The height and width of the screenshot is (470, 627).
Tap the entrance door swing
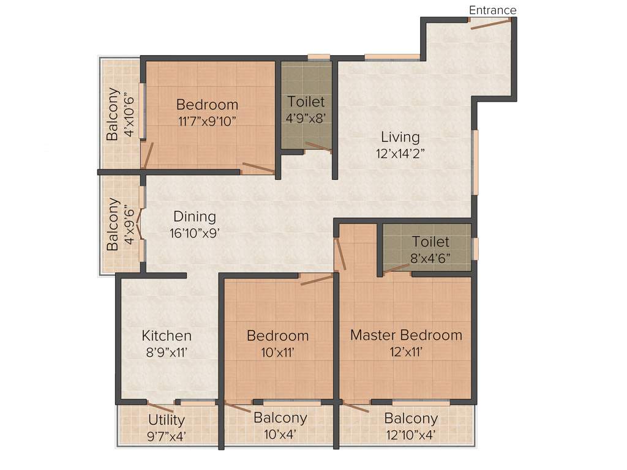490,23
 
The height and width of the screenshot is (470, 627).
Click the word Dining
195,217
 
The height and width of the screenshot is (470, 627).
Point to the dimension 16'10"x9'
195,233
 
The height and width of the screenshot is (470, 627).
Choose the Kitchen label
167,335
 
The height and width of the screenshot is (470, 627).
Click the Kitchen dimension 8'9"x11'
167,352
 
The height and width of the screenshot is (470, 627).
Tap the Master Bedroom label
406,335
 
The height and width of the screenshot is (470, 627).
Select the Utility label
167,420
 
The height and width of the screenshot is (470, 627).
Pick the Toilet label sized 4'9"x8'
306,102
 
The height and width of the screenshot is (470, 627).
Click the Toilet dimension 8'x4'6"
430,258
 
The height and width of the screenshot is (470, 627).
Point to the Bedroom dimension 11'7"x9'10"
207,121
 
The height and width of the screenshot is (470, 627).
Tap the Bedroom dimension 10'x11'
277,352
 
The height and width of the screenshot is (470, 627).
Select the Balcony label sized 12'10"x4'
411,419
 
